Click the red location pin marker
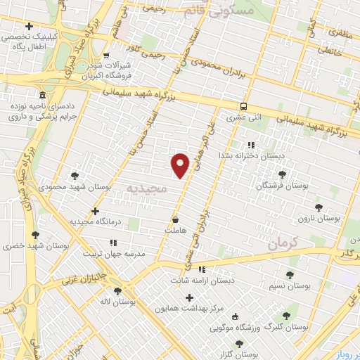click(181, 165)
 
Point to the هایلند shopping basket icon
click(174, 219)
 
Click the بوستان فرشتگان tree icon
click(283, 174)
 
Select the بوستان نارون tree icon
click(319, 207)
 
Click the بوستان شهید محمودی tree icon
click(75, 176)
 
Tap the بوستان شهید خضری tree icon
click(35, 235)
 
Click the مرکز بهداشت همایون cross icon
click(189, 297)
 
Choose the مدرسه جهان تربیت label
click(114, 252)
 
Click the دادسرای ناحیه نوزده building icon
click(43, 95)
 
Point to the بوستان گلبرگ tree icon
click(285, 316)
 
